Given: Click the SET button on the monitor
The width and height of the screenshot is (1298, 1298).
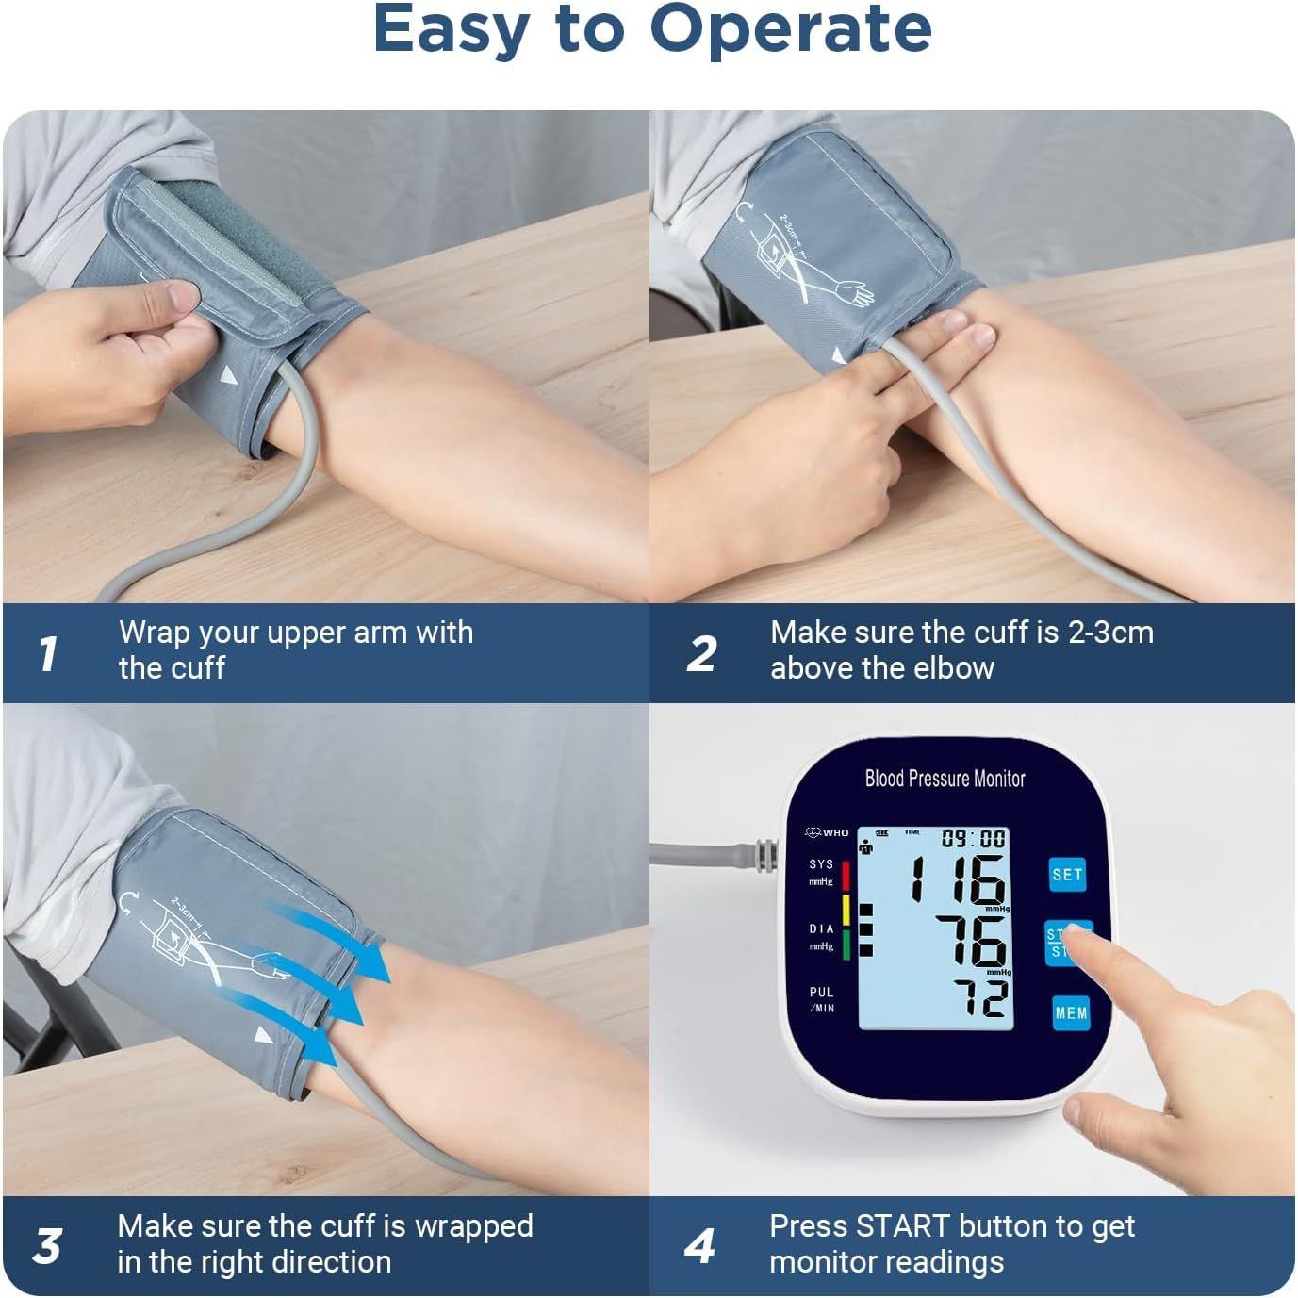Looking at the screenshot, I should pyautogui.click(x=1067, y=875).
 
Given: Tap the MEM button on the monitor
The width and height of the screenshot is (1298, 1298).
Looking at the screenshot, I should pyautogui.click(x=1071, y=1013).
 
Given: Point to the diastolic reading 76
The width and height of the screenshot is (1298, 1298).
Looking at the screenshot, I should pyautogui.click(x=971, y=942).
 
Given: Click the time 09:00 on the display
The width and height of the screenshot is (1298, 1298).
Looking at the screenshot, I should pyautogui.click(x=974, y=838).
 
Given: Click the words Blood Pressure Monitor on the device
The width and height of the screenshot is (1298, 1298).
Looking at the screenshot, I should pyautogui.click(x=945, y=779).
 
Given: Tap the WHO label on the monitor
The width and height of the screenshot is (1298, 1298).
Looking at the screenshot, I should pyautogui.click(x=835, y=832).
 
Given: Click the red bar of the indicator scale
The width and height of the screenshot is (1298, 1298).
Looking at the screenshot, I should pyautogui.click(x=846, y=876).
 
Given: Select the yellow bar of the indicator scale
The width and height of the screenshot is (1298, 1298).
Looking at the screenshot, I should pyautogui.click(x=846, y=911).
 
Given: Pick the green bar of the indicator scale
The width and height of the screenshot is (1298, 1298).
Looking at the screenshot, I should pyautogui.click(x=846, y=945).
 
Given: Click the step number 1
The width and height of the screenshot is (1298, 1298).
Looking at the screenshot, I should pyautogui.click(x=48, y=653).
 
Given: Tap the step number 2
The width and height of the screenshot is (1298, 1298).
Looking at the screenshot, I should pyautogui.click(x=701, y=653).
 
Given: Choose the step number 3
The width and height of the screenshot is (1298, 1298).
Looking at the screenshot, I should pyautogui.click(x=47, y=1246).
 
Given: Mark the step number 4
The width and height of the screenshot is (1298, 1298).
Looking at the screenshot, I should pyautogui.click(x=699, y=1246).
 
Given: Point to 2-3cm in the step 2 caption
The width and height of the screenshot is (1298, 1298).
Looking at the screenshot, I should pyautogui.click(x=1110, y=632).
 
